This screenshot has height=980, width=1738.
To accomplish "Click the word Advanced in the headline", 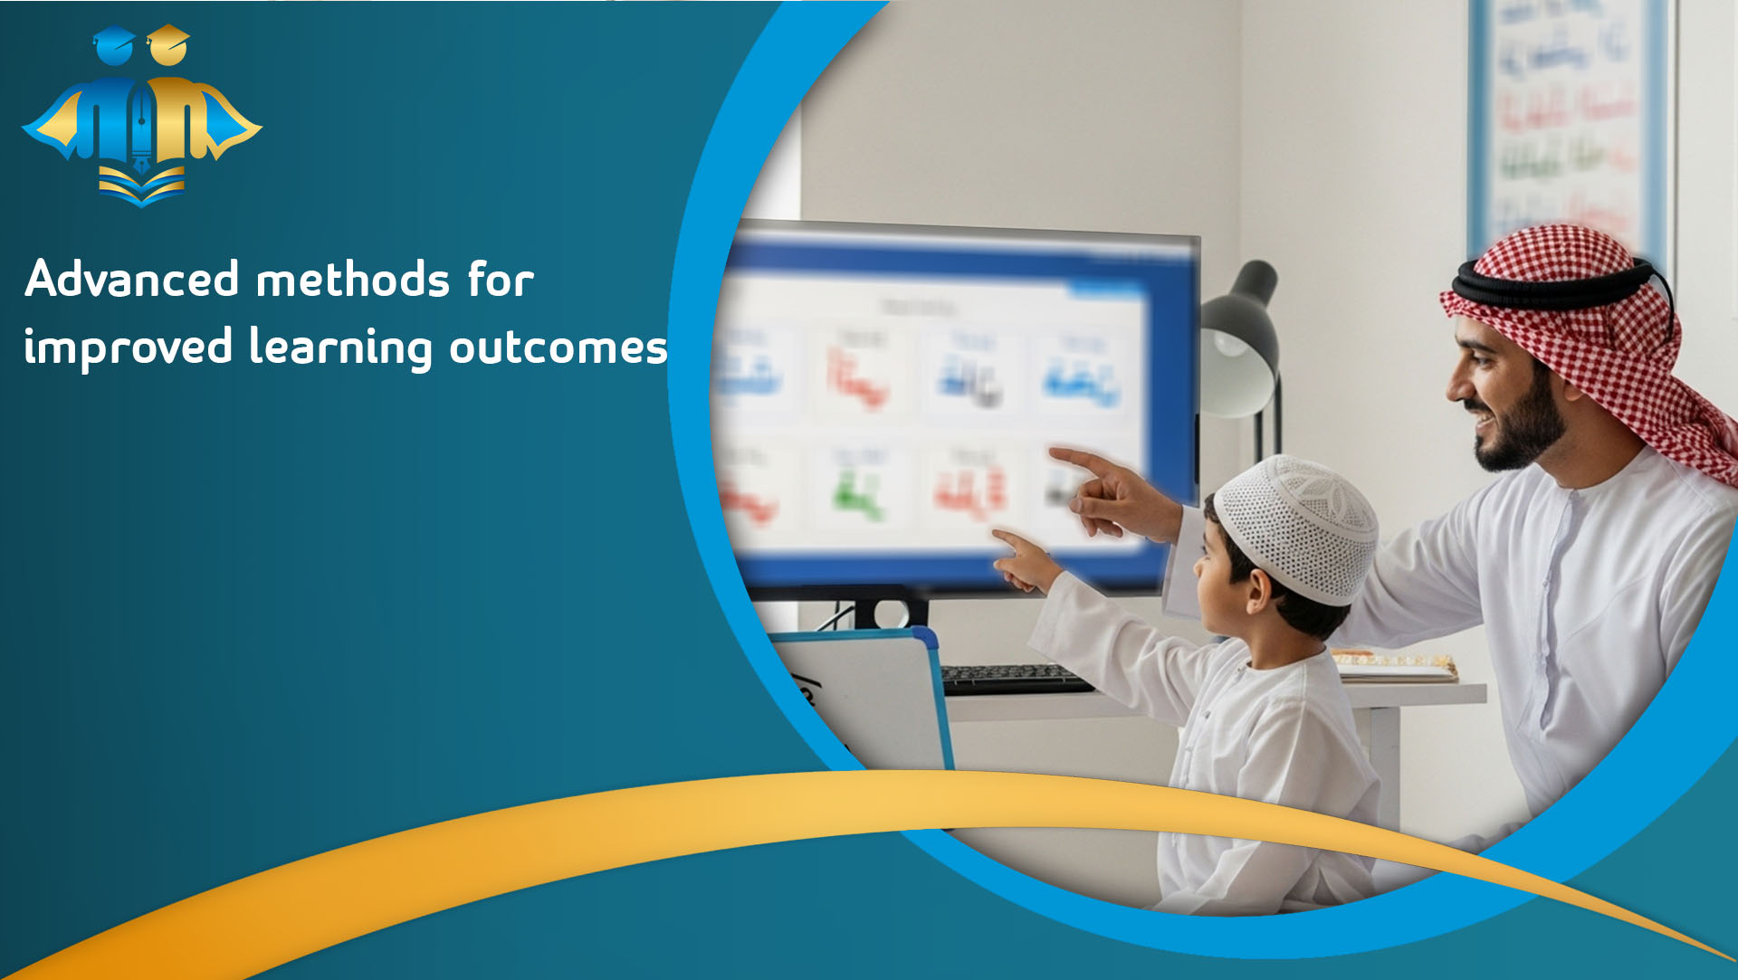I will [132, 279].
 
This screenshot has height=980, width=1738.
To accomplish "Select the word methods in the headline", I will [353, 279].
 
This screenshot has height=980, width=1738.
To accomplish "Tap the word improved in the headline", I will [128, 347].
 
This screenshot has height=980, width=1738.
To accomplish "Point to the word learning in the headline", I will [341, 347].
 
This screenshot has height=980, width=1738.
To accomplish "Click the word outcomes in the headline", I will [559, 347].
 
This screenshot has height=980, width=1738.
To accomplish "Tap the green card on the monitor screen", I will [855, 493].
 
